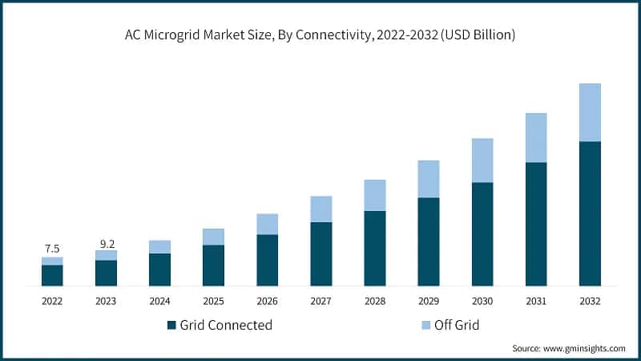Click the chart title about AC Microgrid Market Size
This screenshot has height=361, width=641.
click(x=320, y=34)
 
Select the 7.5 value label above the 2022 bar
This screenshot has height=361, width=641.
click(x=52, y=248)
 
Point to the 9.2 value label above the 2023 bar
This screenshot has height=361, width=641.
click(x=106, y=241)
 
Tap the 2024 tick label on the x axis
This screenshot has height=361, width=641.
click(x=159, y=301)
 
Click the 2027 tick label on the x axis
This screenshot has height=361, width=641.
click(x=321, y=301)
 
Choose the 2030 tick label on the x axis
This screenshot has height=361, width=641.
click(x=482, y=301)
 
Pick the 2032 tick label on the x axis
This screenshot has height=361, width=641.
click(x=590, y=301)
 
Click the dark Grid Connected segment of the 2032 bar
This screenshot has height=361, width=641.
click(x=590, y=213)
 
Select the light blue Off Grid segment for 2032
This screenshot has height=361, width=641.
click(x=590, y=112)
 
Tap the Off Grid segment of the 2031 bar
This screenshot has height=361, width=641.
click(x=536, y=138)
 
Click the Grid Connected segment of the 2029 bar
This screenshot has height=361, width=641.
click(x=429, y=241)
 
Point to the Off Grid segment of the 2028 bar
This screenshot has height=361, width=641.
click(x=375, y=195)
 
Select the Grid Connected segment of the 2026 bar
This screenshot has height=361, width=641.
click(x=267, y=260)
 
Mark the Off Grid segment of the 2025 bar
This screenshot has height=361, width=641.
click(x=213, y=237)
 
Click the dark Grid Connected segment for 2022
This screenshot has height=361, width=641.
click(x=52, y=275)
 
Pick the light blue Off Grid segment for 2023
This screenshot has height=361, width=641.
click(x=106, y=255)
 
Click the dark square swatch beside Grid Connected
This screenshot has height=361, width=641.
click(x=171, y=325)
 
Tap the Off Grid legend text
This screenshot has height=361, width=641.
click(x=456, y=325)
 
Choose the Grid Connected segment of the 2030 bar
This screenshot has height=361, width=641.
click(x=482, y=233)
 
